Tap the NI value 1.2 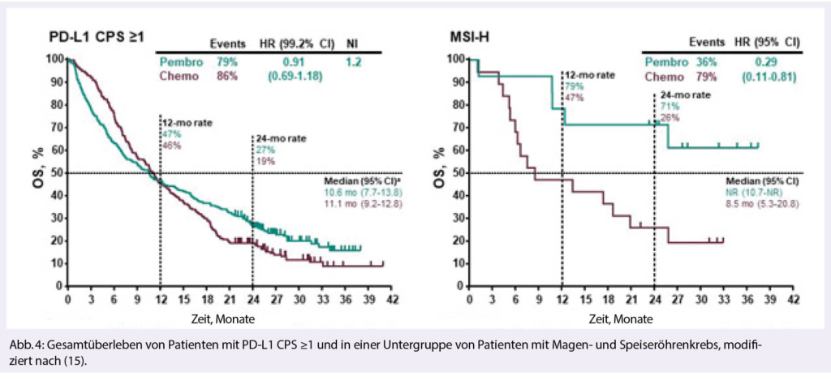[354, 61]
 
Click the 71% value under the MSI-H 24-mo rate [665, 106]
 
